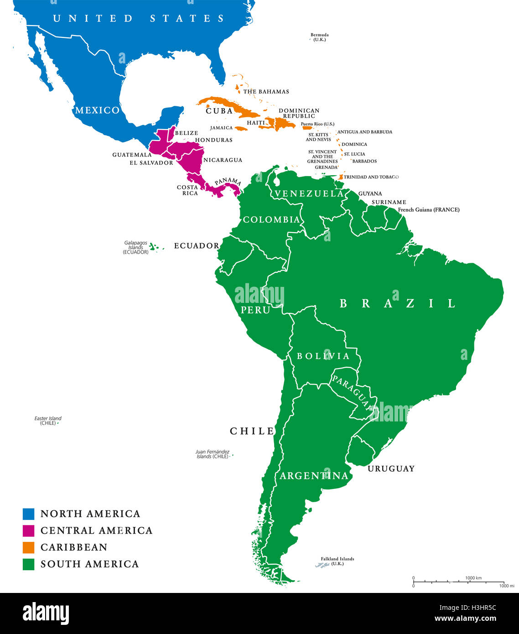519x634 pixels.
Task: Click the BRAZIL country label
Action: click(397, 303)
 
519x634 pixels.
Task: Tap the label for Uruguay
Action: click(391, 468)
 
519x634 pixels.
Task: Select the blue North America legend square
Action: click(28, 514)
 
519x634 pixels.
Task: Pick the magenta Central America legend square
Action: click(28, 530)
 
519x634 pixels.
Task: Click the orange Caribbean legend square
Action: click(28, 547)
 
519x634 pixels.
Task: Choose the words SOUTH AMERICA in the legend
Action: click(89, 564)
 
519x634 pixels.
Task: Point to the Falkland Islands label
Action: click(337, 561)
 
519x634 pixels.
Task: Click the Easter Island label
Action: click(48, 421)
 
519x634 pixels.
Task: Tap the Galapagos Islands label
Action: click(136, 248)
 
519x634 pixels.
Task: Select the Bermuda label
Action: click(319, 37)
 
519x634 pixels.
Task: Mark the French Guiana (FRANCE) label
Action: click(429, 210)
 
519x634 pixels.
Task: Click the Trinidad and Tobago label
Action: click(371, 177)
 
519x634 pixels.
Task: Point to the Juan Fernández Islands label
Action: click(212, 454)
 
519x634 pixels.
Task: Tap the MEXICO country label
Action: click(97, 110)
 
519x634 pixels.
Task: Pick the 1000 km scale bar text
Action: click(473, 578)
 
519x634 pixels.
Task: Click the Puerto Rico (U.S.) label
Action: click(317, 124)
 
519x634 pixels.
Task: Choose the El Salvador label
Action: click(151, 163)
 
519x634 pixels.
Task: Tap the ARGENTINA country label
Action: click(314, 476)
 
